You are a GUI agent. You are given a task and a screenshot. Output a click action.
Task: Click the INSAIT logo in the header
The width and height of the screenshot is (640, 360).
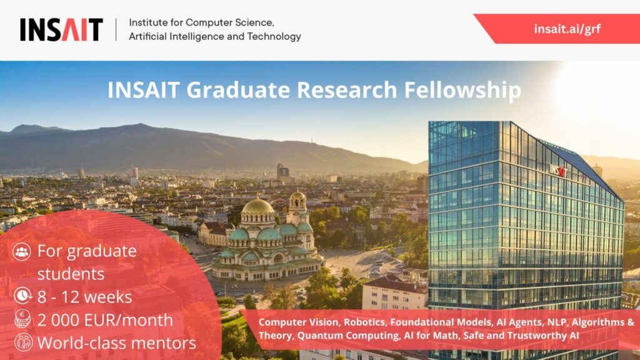[x=61, y=29]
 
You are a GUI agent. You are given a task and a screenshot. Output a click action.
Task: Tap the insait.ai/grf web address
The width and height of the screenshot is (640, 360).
[x=567, y=29]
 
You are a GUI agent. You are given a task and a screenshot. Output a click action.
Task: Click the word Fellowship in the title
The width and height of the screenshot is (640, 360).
[x=462, y=90]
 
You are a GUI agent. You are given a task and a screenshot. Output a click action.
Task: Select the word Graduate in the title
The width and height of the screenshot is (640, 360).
[x=238, y=90]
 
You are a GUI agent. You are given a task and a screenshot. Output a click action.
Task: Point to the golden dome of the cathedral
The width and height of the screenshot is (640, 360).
[x=257, y=206]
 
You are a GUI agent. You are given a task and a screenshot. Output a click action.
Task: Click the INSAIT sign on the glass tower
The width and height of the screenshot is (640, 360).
[x=558, y=170]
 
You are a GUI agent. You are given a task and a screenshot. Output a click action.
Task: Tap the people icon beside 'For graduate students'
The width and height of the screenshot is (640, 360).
[x=22, y=251]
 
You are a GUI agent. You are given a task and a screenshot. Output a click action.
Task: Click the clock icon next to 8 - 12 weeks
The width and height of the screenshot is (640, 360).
[x=23, y=296]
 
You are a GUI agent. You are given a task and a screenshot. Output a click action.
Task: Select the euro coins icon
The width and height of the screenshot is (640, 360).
[x=22, y=318]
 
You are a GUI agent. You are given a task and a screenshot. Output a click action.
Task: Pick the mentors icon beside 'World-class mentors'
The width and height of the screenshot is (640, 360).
[x=23, y=342]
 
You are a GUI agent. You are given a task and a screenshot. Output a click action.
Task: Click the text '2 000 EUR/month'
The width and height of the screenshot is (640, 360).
[x=105, y=321]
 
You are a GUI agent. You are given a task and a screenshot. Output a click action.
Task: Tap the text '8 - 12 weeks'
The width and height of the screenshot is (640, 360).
[x=84, y=297]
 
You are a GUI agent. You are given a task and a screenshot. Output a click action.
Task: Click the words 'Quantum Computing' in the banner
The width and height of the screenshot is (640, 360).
[x=348, y=336]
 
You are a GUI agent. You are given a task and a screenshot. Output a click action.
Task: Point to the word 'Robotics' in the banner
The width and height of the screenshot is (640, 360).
[x=364, y=322]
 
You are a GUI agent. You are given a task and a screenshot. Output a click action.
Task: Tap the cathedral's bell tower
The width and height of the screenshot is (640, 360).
[x=297, y=208]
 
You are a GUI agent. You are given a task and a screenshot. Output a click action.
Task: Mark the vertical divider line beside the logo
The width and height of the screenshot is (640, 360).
[x=116, y=29]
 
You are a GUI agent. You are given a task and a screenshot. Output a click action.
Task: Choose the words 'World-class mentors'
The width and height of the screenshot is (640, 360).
[x=117, y=343]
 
